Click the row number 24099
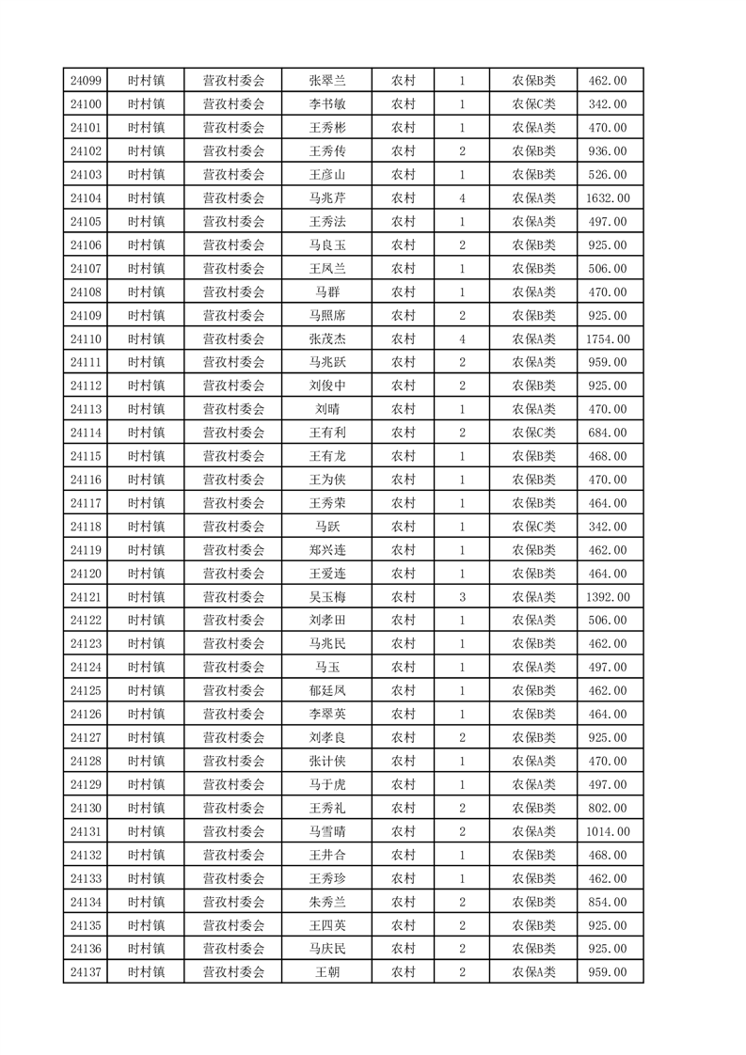pyautogui.click(x=86, y=81)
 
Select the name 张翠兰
pyautogui.click(x=327, y=81)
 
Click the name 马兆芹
pyautogui.click(x=327, y=198)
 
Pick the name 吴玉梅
pyautogui.click(x=327, y=597)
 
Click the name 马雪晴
pyautogui.click(x=327, y=831)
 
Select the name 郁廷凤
pyautogui.click(x=327, y=691)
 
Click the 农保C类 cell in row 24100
pyautogui.click(x=533, y=104)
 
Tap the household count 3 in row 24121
pyautogui.click(x=462, y=597)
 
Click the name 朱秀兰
pyautogui.click(x=327, y=902)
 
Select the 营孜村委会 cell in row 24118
pyautogui.click(x=234, y=527)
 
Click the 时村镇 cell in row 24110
pyautogui.click(x=146, y=339)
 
